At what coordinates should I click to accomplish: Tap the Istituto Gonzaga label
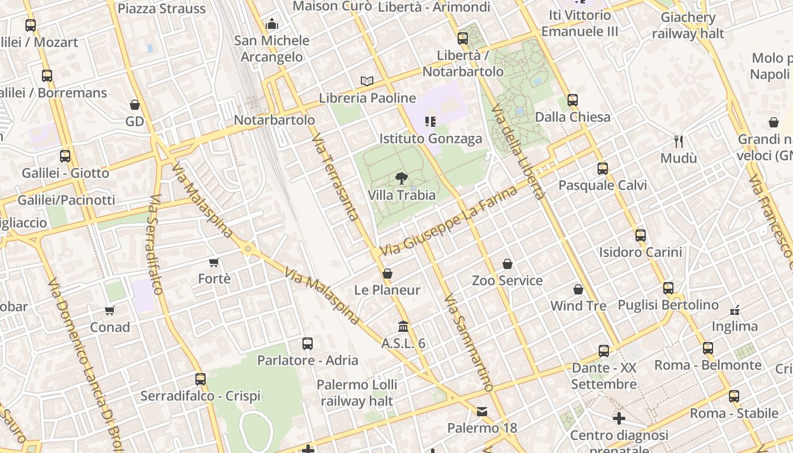[430, 139]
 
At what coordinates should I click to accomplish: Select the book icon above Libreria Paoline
[367, 82]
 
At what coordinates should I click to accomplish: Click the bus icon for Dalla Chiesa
[573, 101]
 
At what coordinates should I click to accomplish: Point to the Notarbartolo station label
[274, 120]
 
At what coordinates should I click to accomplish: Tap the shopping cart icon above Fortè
[214, 262]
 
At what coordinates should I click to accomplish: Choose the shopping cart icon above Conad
[110, 310]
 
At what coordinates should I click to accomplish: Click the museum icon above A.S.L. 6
[403, 327]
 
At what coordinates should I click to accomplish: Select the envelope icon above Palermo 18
[482, 412]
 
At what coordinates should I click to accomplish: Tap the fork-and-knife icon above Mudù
[679, 141]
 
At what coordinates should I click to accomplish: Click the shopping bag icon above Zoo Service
[508, 264]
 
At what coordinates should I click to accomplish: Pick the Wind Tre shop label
[578, 306]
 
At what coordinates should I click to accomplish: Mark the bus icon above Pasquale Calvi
[602, 169]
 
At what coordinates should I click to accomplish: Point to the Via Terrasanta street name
[335, 177]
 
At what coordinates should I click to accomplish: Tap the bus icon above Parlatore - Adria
[308, 344]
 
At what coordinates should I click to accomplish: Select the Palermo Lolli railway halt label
[357, 393]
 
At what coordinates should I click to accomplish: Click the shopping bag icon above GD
[135, 105]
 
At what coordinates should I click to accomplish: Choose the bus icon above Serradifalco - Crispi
[201, 379]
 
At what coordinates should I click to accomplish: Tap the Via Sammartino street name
[468, 342]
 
